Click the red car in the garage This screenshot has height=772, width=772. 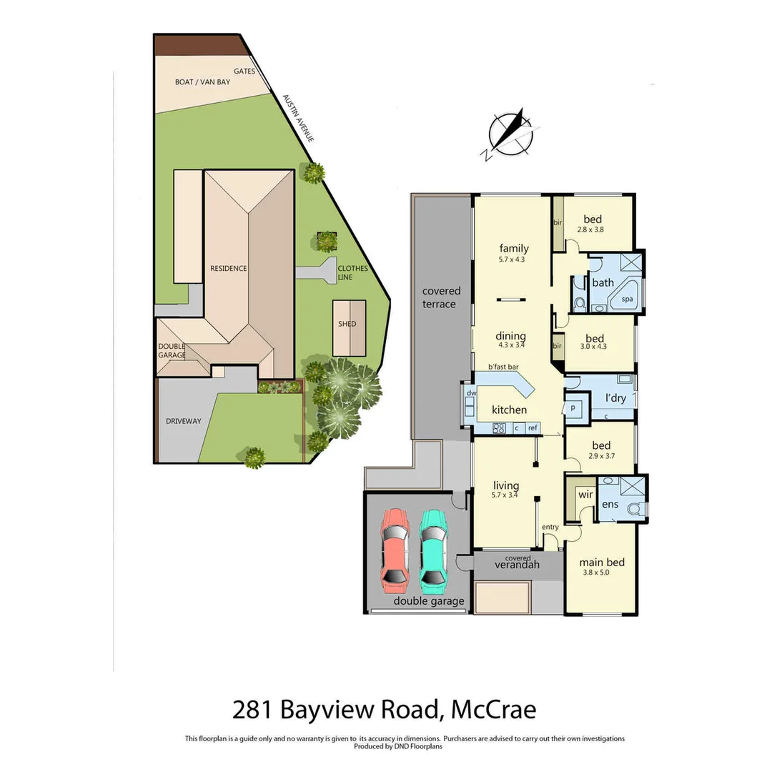point(394,550)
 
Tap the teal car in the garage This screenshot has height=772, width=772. point(433,550)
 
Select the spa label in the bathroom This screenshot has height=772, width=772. point(628,300)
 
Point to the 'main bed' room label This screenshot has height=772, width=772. point(601,563)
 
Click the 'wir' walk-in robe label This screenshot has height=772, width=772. point(585,495)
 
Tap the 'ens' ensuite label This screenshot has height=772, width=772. point(610,504)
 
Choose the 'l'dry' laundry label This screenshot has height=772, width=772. point(615,397)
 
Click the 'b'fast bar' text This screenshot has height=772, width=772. point(503,367)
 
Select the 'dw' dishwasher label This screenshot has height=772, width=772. point(470,394)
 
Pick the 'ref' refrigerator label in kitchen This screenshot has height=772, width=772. point(532,428)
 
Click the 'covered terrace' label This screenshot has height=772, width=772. point(441,297)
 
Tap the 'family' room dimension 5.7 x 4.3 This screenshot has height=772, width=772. point(512,259)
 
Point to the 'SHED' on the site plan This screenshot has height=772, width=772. point(347,324)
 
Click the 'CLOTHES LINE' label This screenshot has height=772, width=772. point(353,273)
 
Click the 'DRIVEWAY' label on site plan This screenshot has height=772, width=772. point(183,421)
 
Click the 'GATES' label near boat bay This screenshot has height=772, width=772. point(244,71)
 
